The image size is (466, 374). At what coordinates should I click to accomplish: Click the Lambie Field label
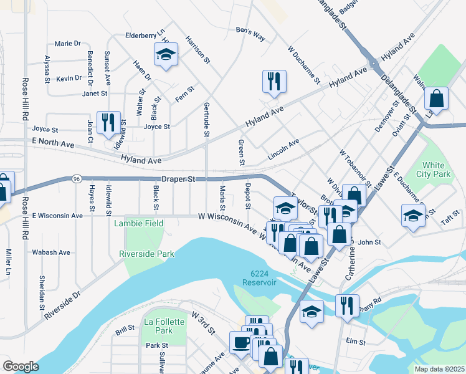click(x=138, y=223)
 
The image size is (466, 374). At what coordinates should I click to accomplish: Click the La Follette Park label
click(x=157, y=325)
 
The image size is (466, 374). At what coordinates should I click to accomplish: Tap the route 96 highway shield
click(x=77, y=178)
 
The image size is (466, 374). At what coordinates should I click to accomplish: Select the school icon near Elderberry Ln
click(x=166, y=55)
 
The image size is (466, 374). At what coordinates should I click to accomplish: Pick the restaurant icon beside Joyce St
click(x=110, y=123)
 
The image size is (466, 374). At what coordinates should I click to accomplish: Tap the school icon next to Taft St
click(x=412, y=217)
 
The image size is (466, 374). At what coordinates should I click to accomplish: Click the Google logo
click(x=21, y=367)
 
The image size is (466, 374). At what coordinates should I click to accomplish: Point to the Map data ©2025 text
click(x=439, y=369)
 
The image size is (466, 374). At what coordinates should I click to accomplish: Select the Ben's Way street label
click(x=250, y=34)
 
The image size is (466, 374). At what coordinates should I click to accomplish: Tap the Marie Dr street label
click(x=68, y=44)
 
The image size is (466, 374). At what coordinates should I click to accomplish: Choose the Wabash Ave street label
click(x=51, y=252)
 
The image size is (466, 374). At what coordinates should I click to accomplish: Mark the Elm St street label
click(x=355, y=341)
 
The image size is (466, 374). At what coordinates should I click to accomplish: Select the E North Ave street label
click(x=52, y=145)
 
